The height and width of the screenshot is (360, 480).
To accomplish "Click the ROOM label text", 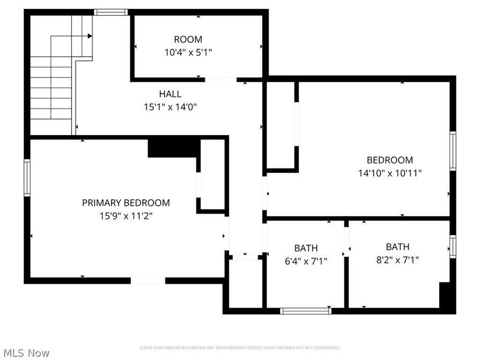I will [188, 40].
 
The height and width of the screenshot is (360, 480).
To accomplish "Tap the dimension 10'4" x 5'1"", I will [188, 52].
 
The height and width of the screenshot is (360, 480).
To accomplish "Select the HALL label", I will [170, 94].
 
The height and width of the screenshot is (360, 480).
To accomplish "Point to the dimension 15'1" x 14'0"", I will [170, 107].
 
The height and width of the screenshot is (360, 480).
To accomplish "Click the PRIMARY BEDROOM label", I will [125, 203].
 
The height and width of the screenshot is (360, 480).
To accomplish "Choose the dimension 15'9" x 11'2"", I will [125, 215].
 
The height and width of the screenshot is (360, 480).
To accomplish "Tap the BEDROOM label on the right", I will [389, 160].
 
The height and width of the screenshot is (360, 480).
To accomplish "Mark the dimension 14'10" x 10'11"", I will [389, 173].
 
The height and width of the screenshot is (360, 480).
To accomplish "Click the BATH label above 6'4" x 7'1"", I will [305, 248].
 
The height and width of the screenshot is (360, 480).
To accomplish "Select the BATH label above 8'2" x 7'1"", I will [397, 247].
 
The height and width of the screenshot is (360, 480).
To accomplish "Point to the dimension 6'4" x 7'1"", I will [305, 260].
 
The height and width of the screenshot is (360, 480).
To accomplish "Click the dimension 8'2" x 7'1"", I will [397, 260].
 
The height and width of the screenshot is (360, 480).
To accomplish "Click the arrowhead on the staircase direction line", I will [89, 36].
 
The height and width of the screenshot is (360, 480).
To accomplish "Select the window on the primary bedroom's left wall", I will [27, 178].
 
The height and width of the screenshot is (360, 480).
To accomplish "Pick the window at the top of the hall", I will [111, 12].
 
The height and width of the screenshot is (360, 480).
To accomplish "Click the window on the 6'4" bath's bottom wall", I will [306, 311].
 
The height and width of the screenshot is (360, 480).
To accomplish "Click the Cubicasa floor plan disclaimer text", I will [239, 348].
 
